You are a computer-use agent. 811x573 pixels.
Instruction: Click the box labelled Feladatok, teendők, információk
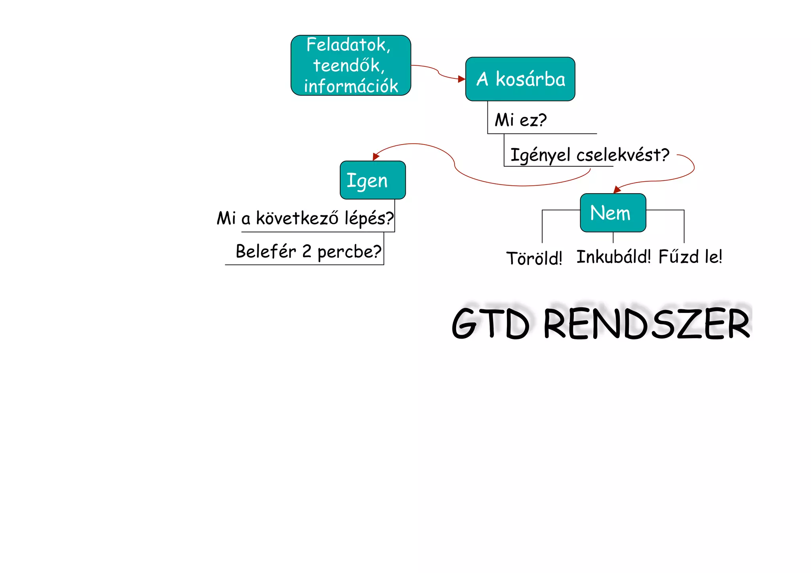click(350, 65)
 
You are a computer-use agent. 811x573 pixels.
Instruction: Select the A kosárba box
click(520, 79)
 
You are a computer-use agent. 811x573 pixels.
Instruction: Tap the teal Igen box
click(373, 180)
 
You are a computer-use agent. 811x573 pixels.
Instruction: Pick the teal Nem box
click(613, 213)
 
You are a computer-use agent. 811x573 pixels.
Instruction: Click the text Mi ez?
click(520, 120)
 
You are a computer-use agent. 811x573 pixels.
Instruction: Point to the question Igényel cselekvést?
click(589, 155)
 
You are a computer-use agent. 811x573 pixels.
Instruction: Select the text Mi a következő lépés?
click(305, 218)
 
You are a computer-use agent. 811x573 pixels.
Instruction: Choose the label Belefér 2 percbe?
click(308, 251)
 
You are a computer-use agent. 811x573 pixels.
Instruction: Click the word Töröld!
click(534, 258)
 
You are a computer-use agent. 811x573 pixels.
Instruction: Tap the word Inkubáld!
click(613, 257)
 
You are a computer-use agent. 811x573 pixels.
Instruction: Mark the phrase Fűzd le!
click(690, 257)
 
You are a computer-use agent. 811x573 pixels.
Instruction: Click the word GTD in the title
click(491, 324)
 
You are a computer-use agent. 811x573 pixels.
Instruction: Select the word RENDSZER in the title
click(646, 324)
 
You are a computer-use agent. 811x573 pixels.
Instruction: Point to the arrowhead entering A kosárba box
click(461, 79)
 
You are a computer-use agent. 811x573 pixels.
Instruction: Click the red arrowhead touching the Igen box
click(376, 157)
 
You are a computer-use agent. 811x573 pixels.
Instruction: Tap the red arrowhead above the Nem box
click(617, 190)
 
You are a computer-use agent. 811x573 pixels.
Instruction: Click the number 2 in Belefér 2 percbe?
click(307, 251)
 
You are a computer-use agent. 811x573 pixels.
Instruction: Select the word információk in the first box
click(351, 86)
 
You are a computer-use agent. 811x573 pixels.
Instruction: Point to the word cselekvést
click(623, 155)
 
